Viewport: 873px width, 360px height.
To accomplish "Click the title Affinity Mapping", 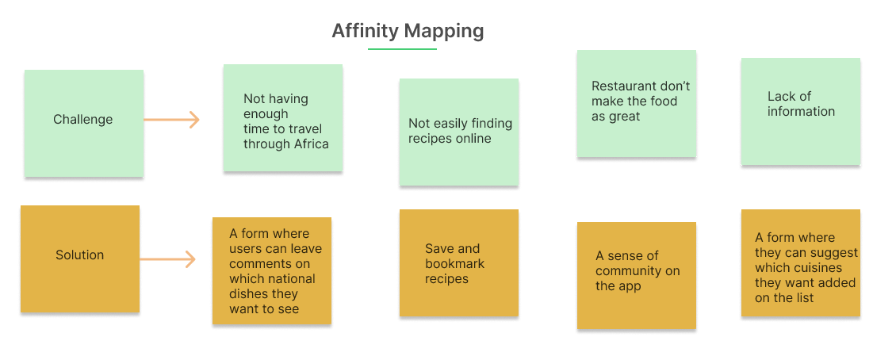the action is [x=408, y=31].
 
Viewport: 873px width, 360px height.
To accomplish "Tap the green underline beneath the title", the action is [x=402, y=49].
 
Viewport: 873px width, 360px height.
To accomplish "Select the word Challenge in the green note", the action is [x=83, y=119].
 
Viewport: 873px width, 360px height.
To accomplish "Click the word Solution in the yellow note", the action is [x=79, y=255].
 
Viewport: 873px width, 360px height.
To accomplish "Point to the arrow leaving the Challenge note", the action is [x=171, y=120].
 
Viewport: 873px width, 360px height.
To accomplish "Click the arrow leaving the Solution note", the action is [x=167, y=259].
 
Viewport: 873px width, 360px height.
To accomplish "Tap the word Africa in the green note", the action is [x=311, y=144].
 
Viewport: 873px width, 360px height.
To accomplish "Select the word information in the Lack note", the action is [x=801, y=111].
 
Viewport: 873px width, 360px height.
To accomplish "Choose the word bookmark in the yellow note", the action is [x=455, y=264].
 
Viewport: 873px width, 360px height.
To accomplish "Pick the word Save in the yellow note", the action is [x=438, y=249].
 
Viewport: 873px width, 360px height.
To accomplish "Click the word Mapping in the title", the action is [x=444, y=31].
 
